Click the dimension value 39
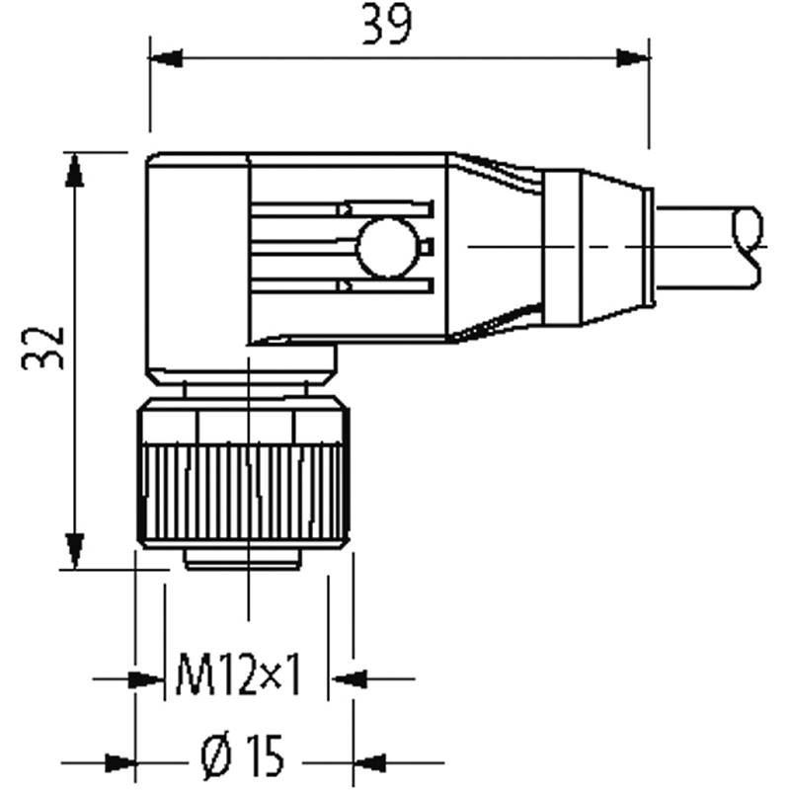[x=387, y=25]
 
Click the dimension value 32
[x=43, y=348]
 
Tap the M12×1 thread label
[x=239, y=674]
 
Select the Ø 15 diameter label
[x=242, y=755]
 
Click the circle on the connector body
[x=387, y=248]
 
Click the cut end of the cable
[x=748, y=248]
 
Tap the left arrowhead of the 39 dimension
[x=166, y=58]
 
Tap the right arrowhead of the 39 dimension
[x=633, y=58]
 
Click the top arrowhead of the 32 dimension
[x=75, y=170]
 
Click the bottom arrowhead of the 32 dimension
[x=75, y=551]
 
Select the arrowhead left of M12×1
[x=147, y=679]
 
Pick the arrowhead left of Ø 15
[x=119, y=763]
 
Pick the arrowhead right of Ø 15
[x=369, y=763]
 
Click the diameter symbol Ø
[x=218, y=755]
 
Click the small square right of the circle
[x=427, y=248]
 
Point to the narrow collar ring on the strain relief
[x=563, y=248]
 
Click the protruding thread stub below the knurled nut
[x=243, y=560]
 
